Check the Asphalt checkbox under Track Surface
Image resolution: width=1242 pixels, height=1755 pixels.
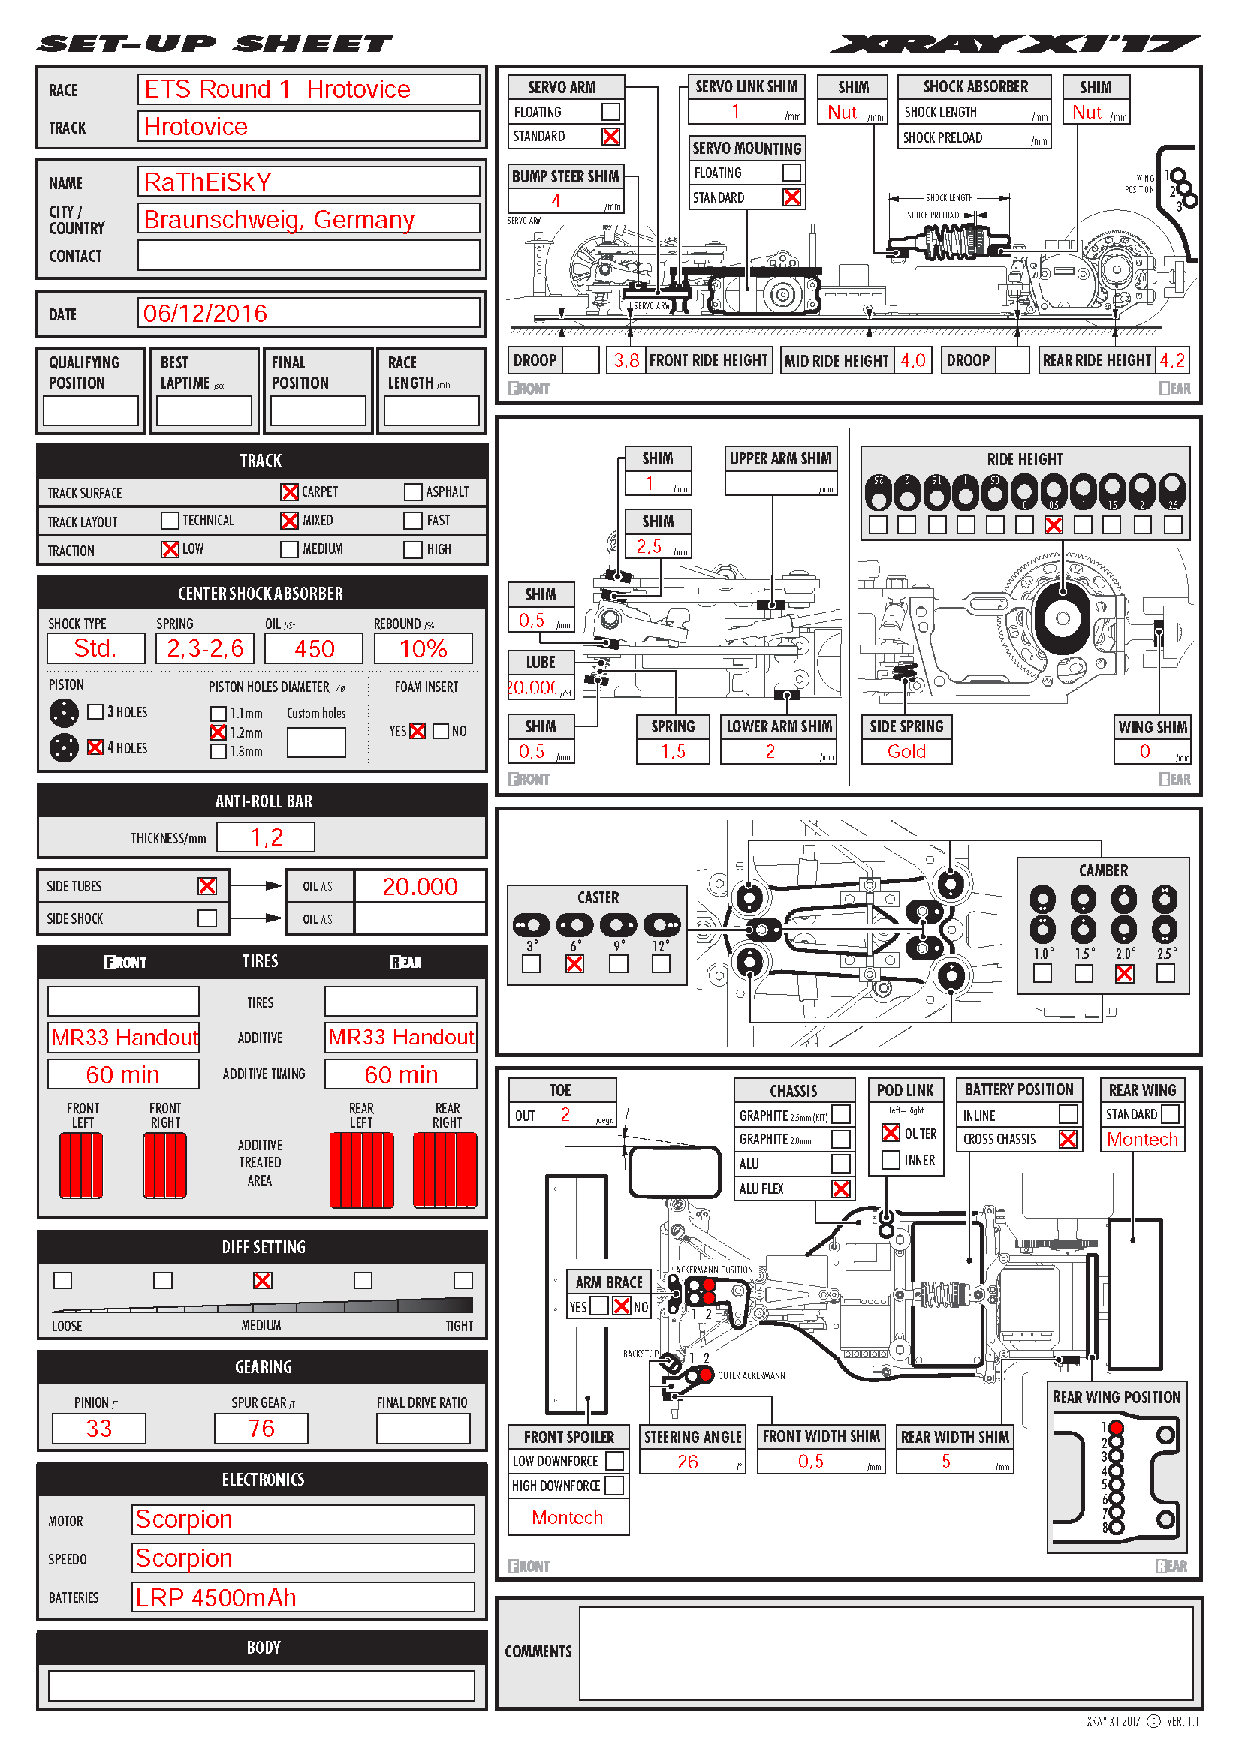(x=413, y=492)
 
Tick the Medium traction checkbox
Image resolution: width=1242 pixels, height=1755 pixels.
(x=289, y=549)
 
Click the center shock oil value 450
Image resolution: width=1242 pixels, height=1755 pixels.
(x=314, y=649)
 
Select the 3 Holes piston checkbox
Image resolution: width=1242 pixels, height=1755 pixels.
(x=95, y=712)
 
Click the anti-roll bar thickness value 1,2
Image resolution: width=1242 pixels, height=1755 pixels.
(x=265, y=838)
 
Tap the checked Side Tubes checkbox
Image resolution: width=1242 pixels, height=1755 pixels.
(x=207, y=886)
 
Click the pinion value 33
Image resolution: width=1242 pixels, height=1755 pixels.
(x=98, y=1429)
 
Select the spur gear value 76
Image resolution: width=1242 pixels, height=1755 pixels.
(x=261, y=1429)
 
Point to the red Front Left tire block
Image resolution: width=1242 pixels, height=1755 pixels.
(x=81, y=1166)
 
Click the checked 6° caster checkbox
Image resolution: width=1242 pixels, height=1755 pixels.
(x=574, y=965)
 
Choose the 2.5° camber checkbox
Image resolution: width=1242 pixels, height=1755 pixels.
(x=1165, y=974)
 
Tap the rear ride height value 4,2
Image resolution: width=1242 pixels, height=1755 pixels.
(x=1171, y=361)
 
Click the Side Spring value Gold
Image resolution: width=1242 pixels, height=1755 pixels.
(x=906, y=752)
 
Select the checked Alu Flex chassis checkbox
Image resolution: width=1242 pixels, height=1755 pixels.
(x=840, y=1189)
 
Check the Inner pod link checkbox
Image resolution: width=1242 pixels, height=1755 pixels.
(x=891, y=1160)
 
